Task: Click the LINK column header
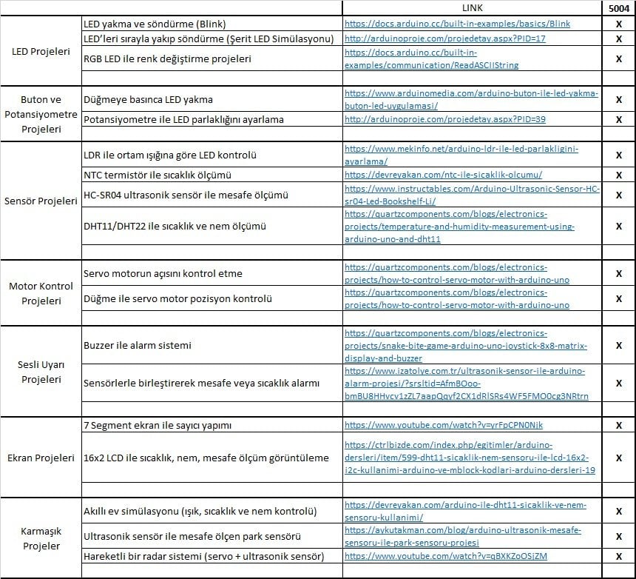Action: click(472, 8)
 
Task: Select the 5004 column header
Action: click(618, 8)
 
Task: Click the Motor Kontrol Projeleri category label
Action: click(41, 293)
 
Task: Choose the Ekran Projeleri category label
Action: click(41, 458)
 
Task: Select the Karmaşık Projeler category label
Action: click(41, 538)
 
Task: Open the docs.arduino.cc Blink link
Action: click(457, 24)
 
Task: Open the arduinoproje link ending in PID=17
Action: click(445, 38)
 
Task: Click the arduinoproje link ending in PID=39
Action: click(445, 119)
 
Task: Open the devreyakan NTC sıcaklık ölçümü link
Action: click(444, 175)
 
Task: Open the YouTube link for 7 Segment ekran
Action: click(444, 425)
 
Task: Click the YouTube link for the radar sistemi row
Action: click(446, 556)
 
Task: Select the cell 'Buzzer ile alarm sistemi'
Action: click(138, 345)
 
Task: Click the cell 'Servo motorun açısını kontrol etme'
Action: click(163, 273)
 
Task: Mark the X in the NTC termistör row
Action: click(618, 175)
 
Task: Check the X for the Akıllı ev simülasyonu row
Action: click(618, 511)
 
